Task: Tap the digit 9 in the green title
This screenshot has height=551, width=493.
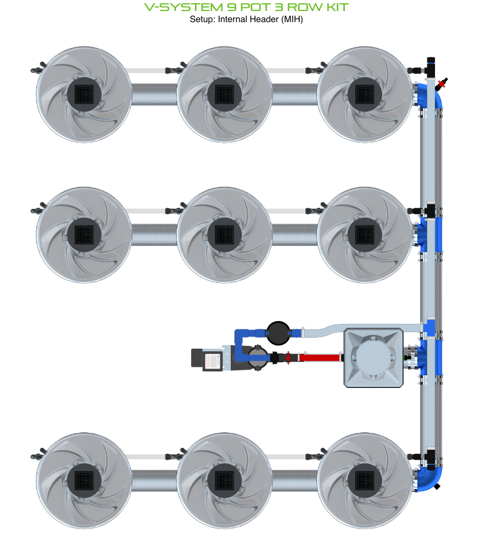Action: tap(232, 7)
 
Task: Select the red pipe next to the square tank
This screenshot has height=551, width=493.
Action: tap(319, 358)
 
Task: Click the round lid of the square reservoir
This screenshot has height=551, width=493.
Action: tap(373, 356)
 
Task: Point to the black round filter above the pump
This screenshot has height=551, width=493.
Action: tap(278, 333)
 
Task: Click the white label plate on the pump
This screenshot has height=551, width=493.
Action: tap(212, 361)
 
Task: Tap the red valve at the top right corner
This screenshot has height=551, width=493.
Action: tap(442, 83)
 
